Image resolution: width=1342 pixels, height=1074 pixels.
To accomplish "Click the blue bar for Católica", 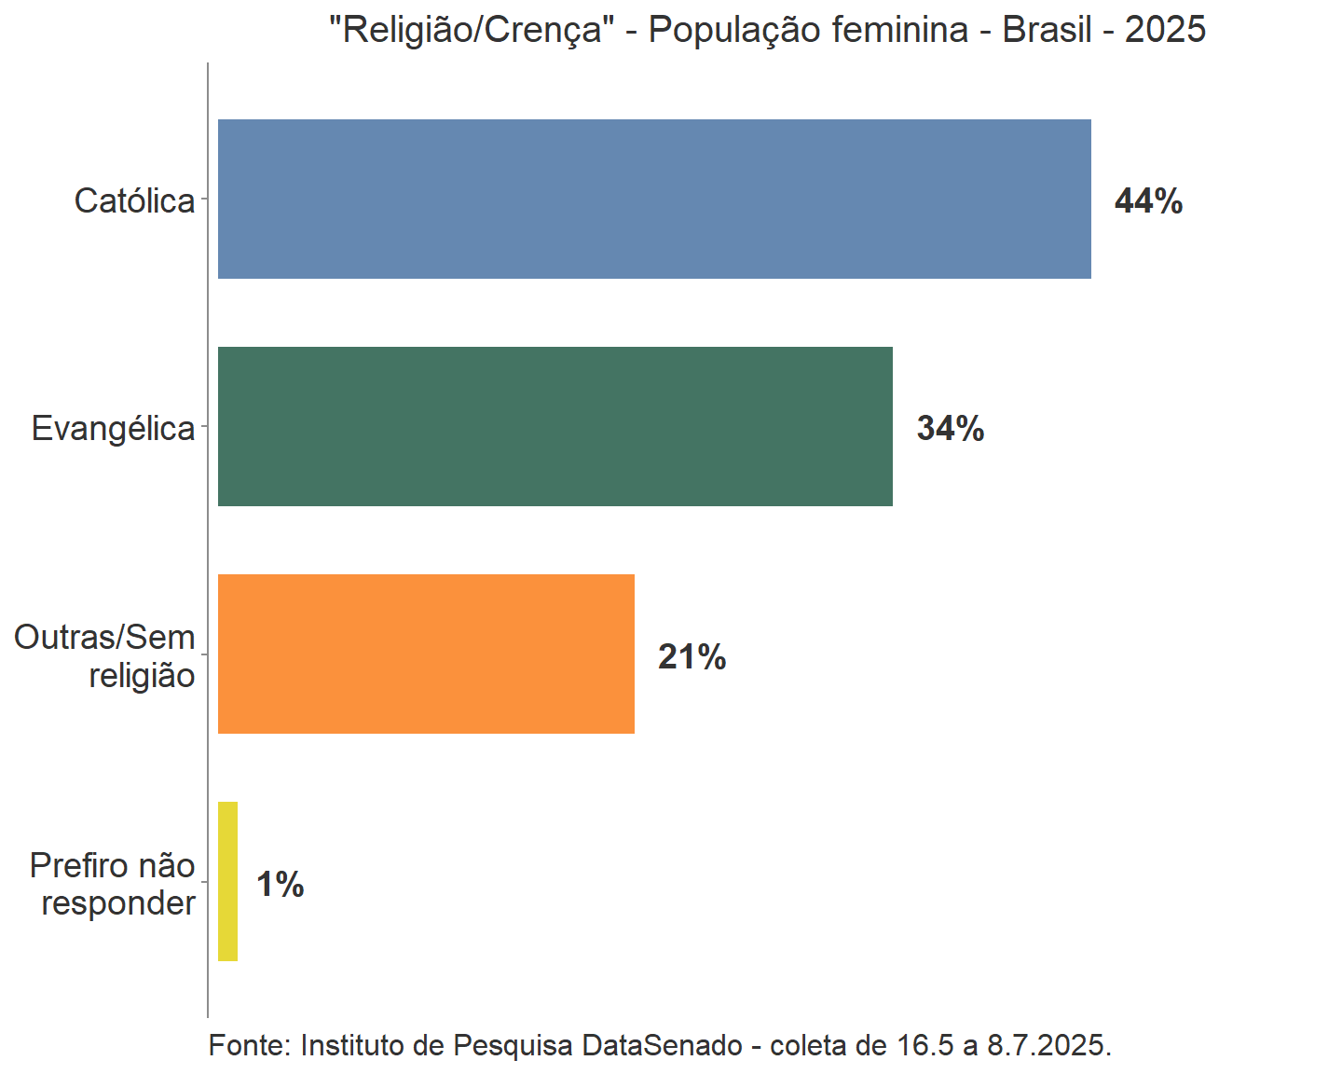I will (654, 199).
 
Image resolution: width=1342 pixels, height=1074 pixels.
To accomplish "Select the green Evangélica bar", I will (555, 426).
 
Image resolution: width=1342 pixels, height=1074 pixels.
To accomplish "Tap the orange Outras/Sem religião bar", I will (426, 654).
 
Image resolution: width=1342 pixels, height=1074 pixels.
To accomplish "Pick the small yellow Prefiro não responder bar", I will (227, 881).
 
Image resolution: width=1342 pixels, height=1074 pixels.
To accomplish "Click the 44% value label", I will (1148, 200).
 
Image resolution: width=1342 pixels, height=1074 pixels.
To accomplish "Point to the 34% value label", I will (950, 428).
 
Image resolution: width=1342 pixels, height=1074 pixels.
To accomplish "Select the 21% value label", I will (692, 656).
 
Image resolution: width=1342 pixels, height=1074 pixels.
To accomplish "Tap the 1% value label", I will (280, 884).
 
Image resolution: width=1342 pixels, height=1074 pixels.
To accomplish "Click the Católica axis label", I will (134, 200).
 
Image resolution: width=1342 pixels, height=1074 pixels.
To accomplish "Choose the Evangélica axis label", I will (113, 428).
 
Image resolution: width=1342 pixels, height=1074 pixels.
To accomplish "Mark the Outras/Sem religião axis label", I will (104, 655).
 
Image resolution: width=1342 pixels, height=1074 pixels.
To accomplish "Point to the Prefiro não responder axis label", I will (113, 884).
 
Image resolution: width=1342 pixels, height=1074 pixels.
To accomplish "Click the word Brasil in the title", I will (1047, 30).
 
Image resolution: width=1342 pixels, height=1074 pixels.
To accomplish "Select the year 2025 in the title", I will (1165, 30).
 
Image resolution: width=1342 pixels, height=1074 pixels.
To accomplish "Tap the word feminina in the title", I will (899, 30).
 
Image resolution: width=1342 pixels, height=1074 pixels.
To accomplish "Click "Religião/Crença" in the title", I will (472, 30).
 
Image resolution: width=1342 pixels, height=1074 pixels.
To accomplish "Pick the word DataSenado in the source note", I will (662, 1045).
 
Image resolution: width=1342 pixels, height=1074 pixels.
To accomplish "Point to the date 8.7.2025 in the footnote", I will (1048, 1045).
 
